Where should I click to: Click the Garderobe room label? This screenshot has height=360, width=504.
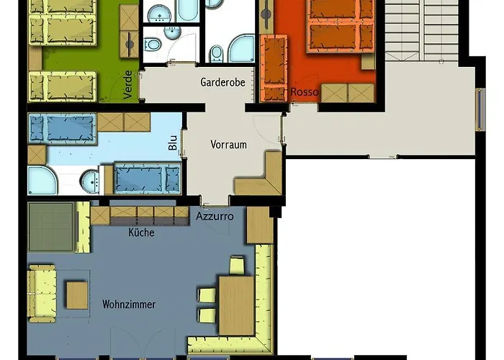click(222, 82)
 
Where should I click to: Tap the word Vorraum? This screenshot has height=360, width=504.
click(228, 144)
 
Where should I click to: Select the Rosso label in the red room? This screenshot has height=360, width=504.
click(305, 92)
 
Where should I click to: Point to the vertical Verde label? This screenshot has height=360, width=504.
click(127, 84)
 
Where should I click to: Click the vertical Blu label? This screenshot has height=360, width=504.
click(173, 143)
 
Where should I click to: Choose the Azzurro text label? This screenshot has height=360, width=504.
click(215, 216)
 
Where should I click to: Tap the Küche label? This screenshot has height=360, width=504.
click(141, 232)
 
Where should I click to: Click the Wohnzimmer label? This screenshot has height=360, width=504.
click(129, 304)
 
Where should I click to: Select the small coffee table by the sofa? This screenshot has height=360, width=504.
click(77, 295)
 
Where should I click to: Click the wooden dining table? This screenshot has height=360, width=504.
click(237, 306)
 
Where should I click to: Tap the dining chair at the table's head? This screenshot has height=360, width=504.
click(237, 266)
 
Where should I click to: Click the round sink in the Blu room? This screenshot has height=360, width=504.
click(90, 181)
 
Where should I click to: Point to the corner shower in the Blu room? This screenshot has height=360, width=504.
click(42, 180)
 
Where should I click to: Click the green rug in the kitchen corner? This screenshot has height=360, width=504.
click(51, 227)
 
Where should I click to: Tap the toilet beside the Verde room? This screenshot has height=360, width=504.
click(152, 45)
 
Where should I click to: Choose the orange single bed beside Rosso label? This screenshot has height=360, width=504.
click(274, 68)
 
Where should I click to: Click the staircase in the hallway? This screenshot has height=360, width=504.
click(422, 30)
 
